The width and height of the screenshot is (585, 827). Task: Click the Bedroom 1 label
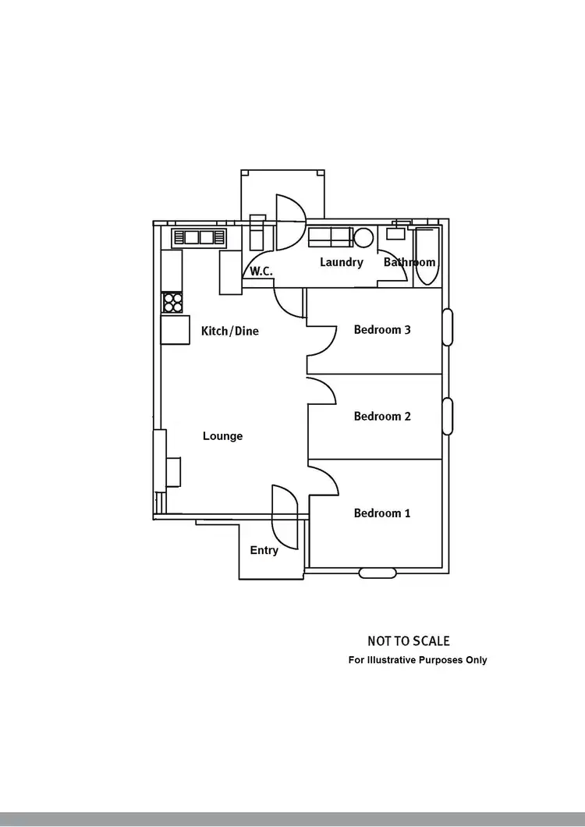coord(382,513)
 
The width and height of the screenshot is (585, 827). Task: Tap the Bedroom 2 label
coord(382,417)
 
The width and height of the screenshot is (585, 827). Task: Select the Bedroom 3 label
coord(382,330)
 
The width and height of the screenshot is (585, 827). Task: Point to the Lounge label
coord(223,436)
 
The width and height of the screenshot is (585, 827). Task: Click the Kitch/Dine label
coord(230,332)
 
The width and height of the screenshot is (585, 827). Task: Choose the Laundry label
coord(342,262)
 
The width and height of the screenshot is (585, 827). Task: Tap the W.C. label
coord(260,272)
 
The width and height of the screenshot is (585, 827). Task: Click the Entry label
coord(264,551)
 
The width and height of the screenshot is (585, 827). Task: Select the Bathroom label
coord(409,263)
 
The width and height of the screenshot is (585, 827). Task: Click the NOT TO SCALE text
coord(409,641)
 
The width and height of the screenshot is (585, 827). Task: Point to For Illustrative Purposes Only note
coord(417,660)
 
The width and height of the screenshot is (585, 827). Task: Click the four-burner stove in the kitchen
coord(172,303)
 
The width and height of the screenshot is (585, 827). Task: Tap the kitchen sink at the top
coord(199,237)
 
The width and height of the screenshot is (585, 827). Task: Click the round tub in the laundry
coord(363,237)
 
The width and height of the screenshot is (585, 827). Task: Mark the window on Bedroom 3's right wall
coord(448,328)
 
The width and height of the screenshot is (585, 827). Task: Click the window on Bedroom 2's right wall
coord(448,416)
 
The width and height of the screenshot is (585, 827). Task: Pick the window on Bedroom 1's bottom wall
coord(379,573)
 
